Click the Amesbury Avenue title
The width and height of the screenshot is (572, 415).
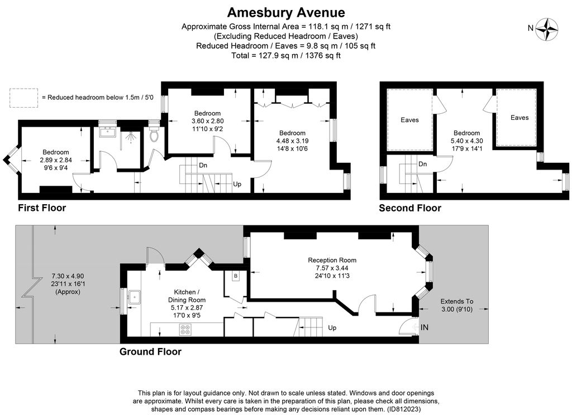click(x=286, y=12)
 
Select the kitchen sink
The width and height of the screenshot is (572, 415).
click(x=134, y=296)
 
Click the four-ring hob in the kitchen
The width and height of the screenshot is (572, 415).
click(x=185, y=329)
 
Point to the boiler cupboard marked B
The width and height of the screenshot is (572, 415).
click(x=236, y=276)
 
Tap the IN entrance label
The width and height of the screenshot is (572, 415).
click(x=424, y=327)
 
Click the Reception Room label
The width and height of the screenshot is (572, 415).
click(x=332, y=260)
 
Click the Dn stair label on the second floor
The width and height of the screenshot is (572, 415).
click(x=423, y=164)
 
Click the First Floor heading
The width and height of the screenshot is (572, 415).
click(x=42, y=208)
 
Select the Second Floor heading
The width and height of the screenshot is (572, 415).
click(x=410, y=208)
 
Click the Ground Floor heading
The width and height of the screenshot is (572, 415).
click(x=150, y=352)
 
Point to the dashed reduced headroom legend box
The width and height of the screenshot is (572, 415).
click(x=23, y=98)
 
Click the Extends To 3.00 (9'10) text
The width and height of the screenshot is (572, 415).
click(x=456, y=305)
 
